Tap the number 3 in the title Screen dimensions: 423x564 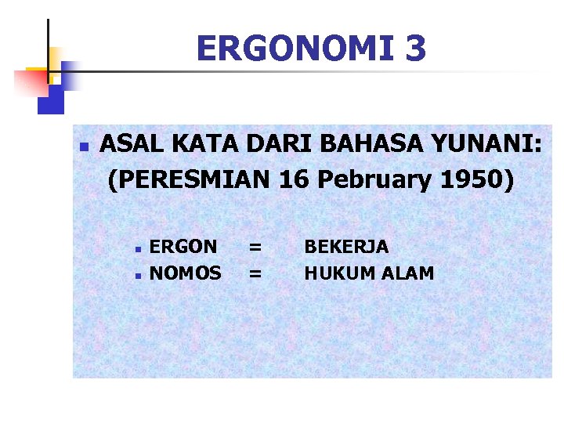point(417,49)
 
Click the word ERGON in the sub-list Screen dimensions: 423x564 point(183,247)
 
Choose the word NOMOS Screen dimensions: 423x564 point(186,273)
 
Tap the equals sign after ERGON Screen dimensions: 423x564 point(255,248)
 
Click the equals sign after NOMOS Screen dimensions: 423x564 point(255,274)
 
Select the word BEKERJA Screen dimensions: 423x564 point(346,247)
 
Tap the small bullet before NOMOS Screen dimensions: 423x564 point(137,275)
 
